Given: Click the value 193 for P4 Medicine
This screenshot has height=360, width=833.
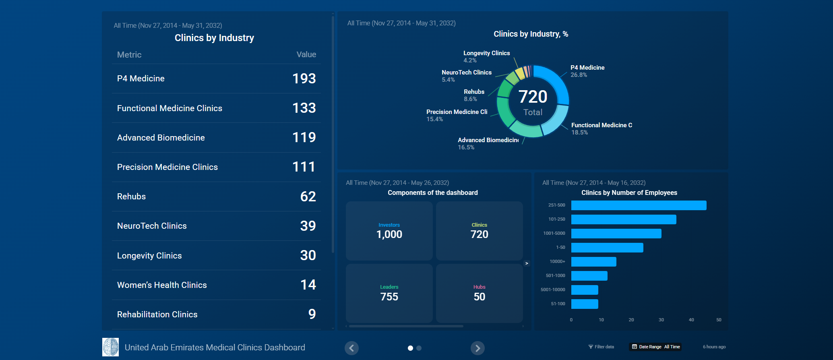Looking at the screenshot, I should [x=304, y=79].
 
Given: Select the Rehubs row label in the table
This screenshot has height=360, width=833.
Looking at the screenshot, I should [x=131, y=197].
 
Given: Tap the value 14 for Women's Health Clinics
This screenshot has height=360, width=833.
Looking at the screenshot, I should [x=308, y=285].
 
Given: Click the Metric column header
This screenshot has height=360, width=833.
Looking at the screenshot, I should [x=129, y=55].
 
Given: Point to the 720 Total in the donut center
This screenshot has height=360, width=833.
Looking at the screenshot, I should [x=533, y=101].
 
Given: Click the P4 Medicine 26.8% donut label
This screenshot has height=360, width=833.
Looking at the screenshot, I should [x=587, y=71].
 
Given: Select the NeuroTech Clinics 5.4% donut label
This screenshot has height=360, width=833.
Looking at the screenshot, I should [x=466, y=76].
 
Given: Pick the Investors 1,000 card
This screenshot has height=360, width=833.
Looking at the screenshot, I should [x=389, y=231].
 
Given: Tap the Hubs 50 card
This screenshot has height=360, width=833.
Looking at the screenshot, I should [x=479, y=293].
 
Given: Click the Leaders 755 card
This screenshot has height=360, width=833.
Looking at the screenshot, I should [x=389, y=293].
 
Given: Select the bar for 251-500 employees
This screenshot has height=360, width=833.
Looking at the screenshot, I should [x=639, y=205].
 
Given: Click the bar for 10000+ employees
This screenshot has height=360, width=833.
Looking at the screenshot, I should [x=593, y=262].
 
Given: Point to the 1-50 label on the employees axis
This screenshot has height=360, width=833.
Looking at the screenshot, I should [x=560, y=248].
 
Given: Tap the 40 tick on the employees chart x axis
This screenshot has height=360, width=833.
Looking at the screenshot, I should [x=691, y=320].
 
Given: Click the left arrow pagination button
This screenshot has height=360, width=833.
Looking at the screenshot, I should [x=351, y=348].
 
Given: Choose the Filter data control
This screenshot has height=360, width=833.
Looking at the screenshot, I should [x=601, y=347].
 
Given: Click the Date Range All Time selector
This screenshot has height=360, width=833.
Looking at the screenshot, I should [x=655, y=347].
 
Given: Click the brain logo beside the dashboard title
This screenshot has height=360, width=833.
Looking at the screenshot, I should [x=110, y=347].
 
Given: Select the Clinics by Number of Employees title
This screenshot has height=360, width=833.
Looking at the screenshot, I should [x=629, y=193].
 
